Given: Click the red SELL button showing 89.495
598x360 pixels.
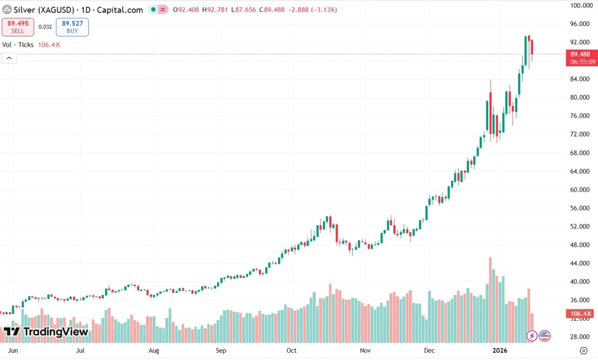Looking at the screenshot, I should point(18,27).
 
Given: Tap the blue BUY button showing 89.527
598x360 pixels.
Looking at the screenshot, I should point(72,27).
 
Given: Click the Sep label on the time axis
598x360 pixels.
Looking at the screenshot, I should point(221,350).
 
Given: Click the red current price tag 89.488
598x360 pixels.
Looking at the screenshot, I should point(580,54).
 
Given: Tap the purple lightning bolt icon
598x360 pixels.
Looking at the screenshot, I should point(532,336).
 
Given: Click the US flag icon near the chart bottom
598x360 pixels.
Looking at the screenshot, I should point(544,336).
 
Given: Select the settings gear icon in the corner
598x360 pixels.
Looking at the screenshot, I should point(584,351).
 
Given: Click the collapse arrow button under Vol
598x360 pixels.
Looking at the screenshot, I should point(9,58).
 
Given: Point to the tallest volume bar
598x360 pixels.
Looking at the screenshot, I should point(490,299).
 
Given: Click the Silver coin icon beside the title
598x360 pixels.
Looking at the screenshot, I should point(7,10).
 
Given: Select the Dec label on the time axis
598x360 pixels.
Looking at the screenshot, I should point(429,350).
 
